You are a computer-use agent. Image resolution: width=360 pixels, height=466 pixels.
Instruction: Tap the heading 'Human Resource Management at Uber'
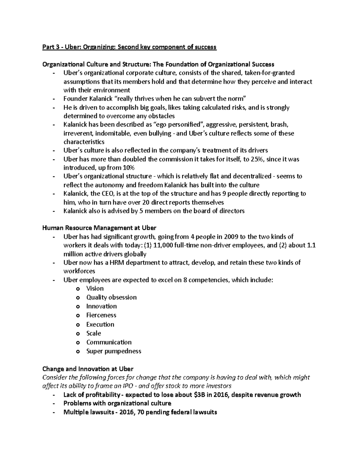(99, 228)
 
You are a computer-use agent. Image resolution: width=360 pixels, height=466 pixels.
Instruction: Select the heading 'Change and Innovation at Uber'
(88, 369)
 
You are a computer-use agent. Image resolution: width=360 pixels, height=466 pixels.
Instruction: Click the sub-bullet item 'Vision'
(95, 289)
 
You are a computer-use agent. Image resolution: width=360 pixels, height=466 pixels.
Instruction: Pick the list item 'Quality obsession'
(111, 297)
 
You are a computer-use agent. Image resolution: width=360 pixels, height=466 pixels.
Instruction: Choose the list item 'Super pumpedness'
(114, 351)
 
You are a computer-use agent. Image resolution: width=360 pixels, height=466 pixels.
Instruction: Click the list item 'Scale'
(94, 333)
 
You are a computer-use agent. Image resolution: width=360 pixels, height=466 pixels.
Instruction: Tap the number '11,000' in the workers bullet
(163, 245)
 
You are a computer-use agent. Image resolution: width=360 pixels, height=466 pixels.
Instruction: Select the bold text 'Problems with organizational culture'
(117, 403)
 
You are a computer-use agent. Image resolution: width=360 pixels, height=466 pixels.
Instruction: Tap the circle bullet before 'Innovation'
(78, 307)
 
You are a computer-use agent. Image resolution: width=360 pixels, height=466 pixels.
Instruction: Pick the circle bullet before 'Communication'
(78, 343)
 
